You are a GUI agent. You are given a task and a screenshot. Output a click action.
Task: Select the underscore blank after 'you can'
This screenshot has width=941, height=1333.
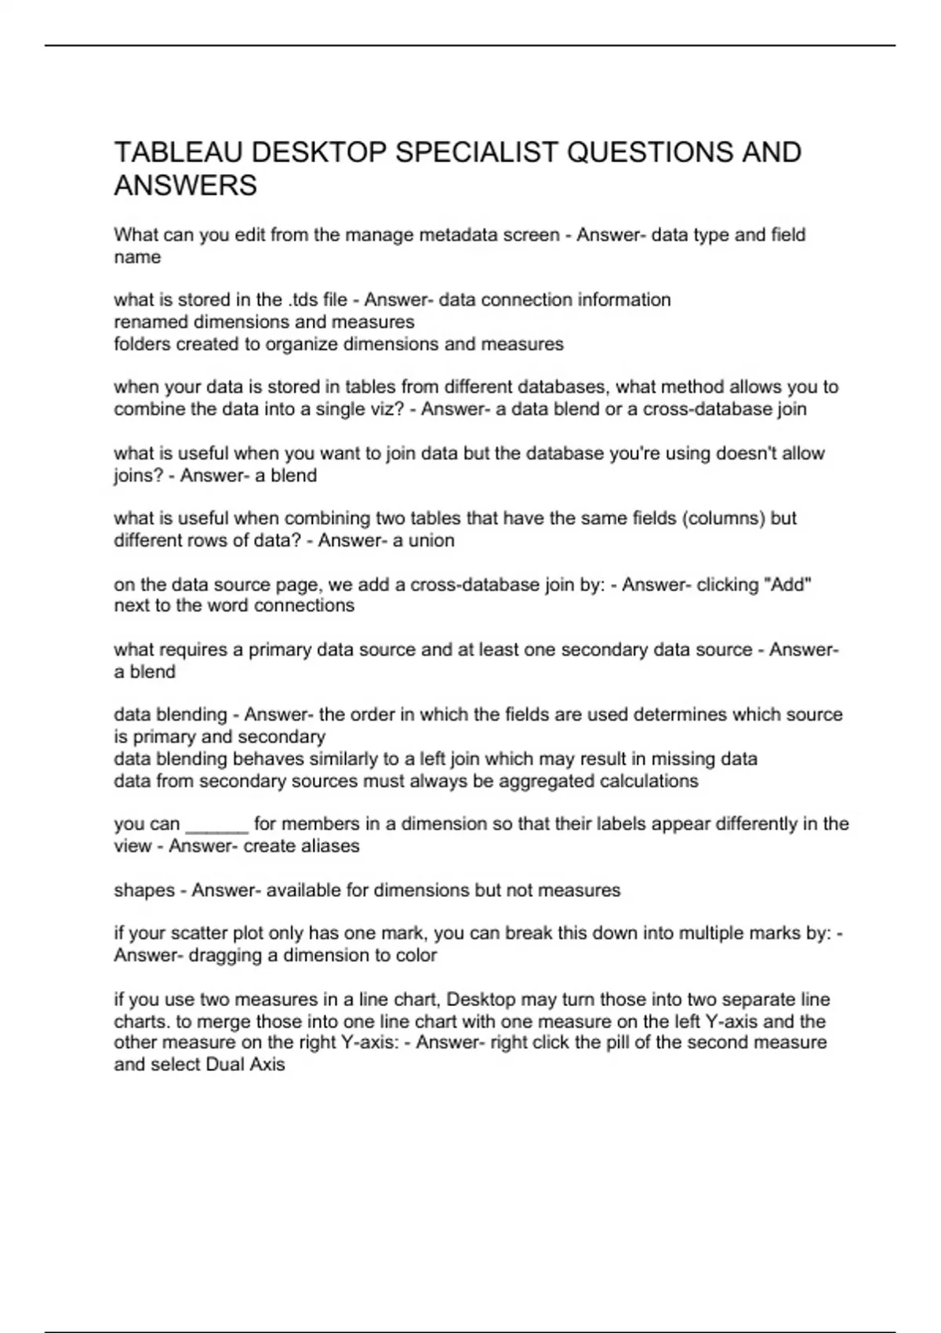point(216,824)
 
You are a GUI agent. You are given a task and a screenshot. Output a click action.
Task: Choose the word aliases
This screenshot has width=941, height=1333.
point(329,846)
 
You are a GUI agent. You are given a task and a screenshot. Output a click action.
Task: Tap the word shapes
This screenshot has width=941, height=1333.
point(144,890)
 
